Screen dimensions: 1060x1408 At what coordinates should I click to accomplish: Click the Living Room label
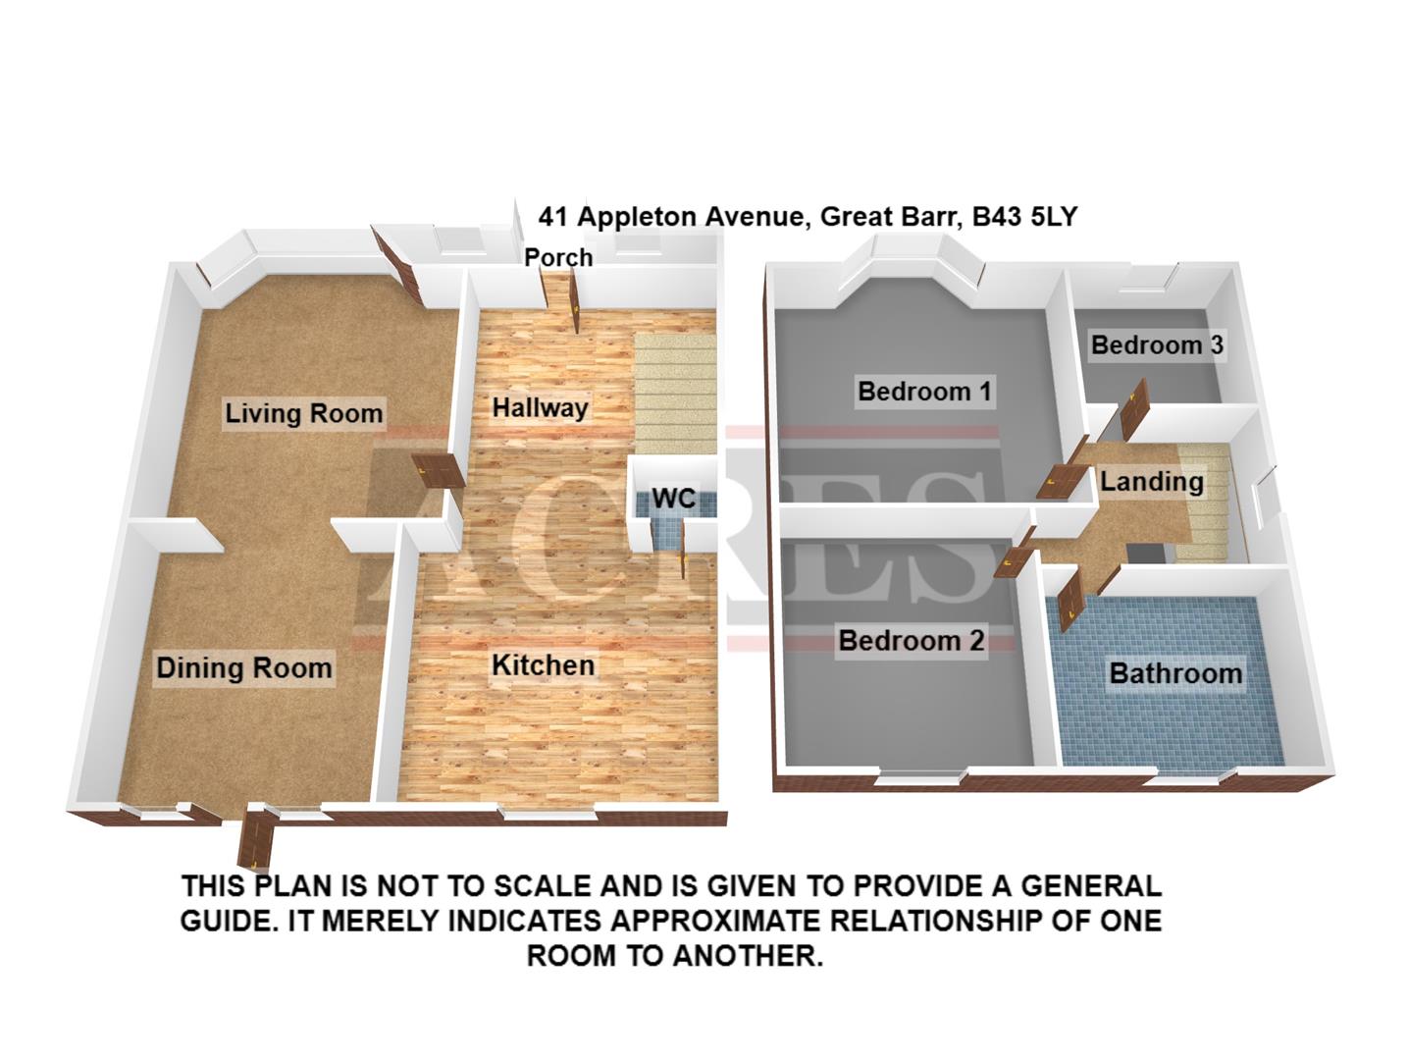303,412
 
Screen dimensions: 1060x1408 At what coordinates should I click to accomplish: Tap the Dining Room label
244,668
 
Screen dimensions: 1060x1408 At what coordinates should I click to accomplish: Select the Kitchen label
543,665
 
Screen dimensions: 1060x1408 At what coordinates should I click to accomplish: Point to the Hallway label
540,407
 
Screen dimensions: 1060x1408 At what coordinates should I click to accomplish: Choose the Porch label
558,257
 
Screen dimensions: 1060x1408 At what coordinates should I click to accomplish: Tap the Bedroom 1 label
924,392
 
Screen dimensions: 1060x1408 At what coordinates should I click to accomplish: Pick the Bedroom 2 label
911,641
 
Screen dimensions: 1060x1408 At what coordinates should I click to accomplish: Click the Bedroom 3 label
1157,344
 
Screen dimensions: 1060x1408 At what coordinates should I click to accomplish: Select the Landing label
1151,481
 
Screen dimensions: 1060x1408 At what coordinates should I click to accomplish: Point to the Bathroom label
1175,673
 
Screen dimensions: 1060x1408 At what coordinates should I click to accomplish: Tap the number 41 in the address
553,216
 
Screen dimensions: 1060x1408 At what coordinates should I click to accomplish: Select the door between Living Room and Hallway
437,470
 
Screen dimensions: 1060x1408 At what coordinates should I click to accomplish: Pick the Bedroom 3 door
1134,407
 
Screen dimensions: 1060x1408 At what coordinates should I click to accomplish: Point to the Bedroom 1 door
1060,479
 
